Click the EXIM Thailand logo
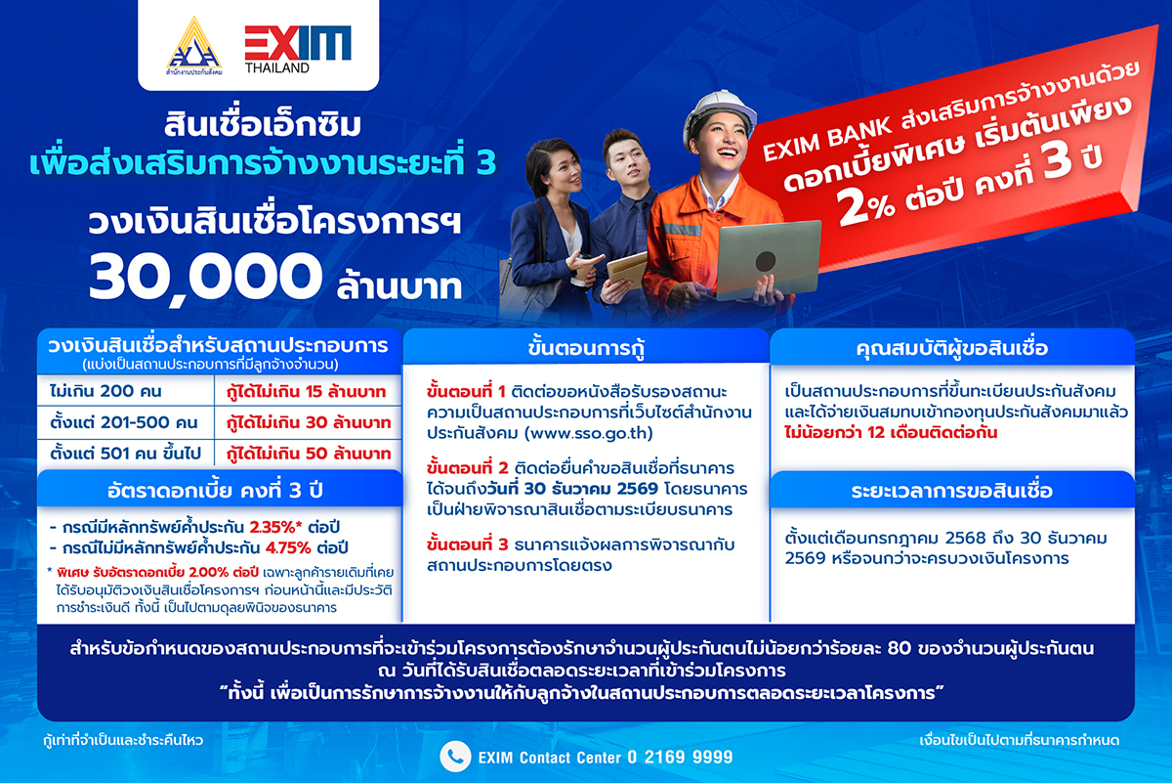point(297,49)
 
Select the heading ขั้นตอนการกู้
point(586,347)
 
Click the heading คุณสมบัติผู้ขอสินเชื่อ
point(952,347)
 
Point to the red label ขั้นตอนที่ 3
point(465,544)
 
